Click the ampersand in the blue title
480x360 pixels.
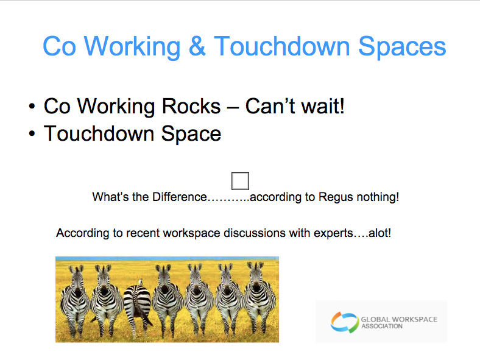[197, 46]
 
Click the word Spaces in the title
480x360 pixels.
[402, 46]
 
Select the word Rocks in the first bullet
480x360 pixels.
[191, 106]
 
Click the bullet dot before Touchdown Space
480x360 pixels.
[32, 134]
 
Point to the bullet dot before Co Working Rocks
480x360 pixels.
[32, 107]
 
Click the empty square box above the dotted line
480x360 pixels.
[241, 181]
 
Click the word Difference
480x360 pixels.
[179, 197]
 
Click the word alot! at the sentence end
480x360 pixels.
[379, 233]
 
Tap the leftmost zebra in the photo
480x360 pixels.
[75, 300]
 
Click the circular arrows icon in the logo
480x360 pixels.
[345, 323]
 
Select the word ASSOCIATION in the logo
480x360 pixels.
[382, 326]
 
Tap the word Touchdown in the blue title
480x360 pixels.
[281, 46]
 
